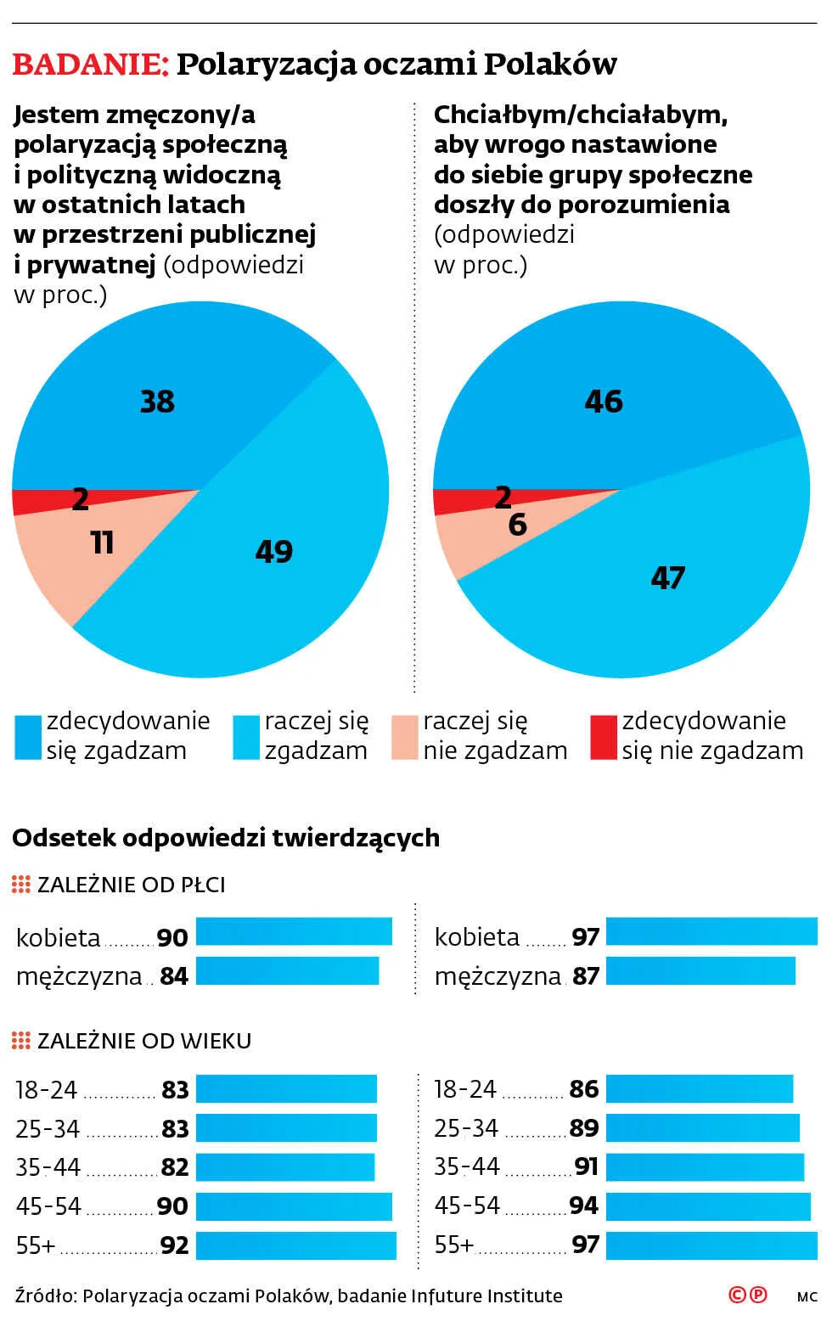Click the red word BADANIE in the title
[x=90, y=65]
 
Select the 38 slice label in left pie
[x=157, y=401]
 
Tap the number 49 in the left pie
[x=273, y=552]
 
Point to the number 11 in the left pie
[x=102, y=542]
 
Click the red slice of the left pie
[x=34, y=502]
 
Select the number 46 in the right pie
[x=604, y=401]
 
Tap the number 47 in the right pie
[x=667, y=578]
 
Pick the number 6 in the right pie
[x=517, y=525]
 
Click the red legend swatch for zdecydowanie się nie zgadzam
[x=603, y=737]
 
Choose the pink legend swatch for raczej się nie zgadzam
[x=405, y=737]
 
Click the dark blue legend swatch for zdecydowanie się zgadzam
[x=28, y=737]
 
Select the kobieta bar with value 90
[x=294, y=931]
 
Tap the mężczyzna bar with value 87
[x=700, y=971]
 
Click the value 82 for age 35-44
[x=175, y=1167]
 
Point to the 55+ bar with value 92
[x=295, y=1245]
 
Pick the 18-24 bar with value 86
[x=699, y=1088]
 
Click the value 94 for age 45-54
[x=584, y=1206]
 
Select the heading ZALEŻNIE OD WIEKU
[x=144, y=1041]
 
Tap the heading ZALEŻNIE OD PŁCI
[x=132, y=885]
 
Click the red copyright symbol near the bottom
[x=738, y=1295]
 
